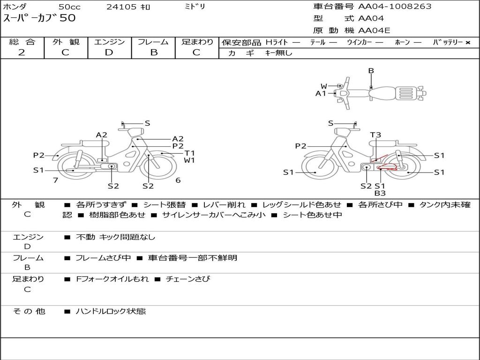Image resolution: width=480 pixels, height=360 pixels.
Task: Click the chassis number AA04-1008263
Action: [395, 7]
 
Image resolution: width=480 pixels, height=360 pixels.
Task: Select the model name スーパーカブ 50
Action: [39, 18]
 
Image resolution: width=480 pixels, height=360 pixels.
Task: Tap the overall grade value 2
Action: [22, 52]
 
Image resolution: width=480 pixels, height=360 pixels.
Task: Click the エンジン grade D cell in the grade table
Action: [109, 52]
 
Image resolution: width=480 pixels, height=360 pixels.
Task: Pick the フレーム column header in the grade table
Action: [153, 42]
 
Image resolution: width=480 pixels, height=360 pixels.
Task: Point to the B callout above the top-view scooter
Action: [371, 71]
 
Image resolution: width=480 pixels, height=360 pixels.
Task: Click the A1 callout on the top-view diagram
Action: [321, 93]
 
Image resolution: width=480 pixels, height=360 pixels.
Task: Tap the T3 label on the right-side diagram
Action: [375, 135]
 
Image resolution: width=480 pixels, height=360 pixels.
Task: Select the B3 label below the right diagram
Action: [380, 193]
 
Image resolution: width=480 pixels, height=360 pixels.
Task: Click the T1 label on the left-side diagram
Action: [189, 153]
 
